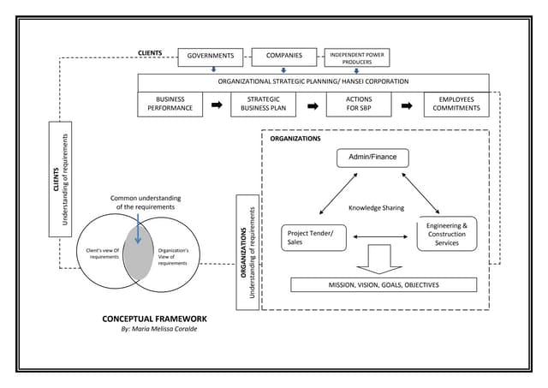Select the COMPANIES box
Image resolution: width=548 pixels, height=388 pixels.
click(x=283, y=57)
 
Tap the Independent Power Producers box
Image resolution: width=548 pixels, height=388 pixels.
click(x=357, y=57)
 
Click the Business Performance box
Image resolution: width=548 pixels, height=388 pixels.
click(x=170, y=104)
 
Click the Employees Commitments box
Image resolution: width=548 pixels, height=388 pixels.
click(x=456, y=104)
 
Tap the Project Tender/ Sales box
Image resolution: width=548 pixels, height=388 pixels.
click(x=312, y=237)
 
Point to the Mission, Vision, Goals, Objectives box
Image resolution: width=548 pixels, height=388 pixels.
click(x=384, y=284)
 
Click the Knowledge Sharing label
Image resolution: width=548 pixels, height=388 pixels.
click(x=376, y=208)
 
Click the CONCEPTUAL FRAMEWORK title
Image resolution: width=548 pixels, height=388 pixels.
click(x=154, y=319)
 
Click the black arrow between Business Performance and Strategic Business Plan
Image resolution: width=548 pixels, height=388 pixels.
click(x=217, y=104)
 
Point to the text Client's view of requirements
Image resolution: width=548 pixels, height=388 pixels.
click(x=104, y=254)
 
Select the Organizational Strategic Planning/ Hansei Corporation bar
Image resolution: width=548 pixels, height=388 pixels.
click(x=313, y=81)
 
